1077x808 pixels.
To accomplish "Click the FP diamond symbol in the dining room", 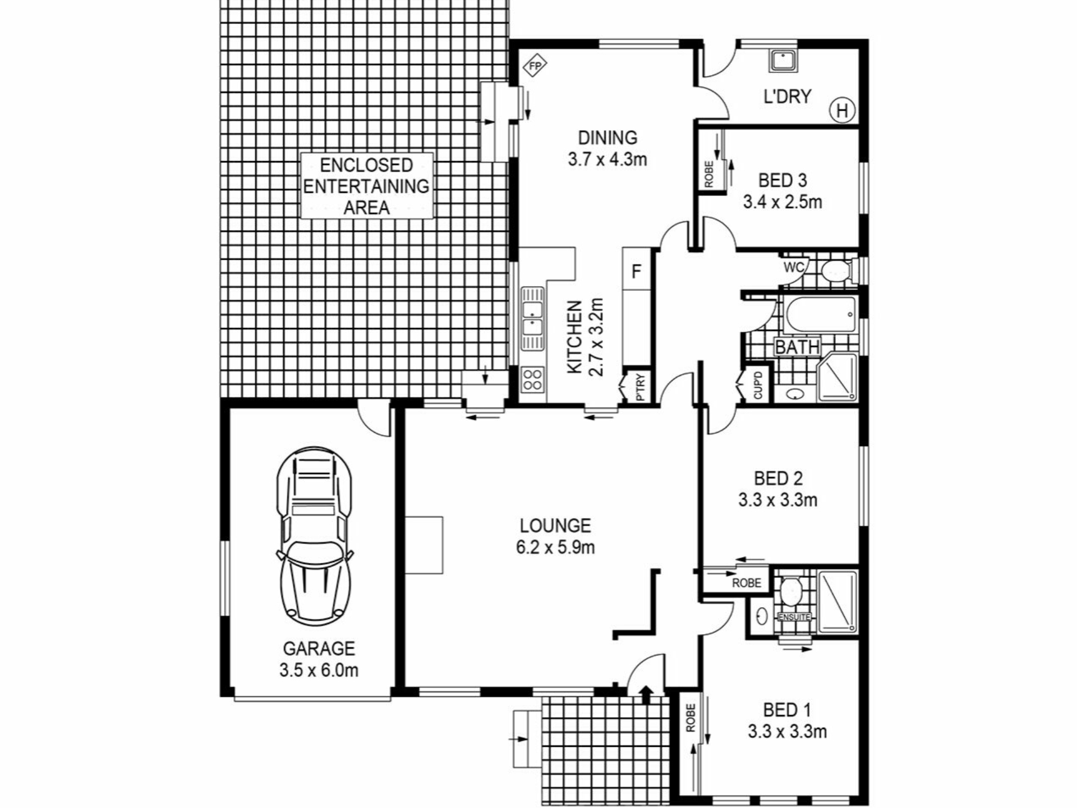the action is click(535, 66).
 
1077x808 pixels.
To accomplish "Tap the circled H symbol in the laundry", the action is click(842, 111).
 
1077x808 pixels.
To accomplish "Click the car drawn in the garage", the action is click(315, 536).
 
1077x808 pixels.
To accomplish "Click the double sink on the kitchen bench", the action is click(532, 318).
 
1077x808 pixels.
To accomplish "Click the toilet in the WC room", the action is click(837, 270).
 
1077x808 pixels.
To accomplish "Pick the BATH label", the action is click(797, 347).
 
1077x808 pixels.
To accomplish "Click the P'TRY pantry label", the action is click(641, 387).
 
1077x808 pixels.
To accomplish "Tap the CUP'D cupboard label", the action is click(758, 385).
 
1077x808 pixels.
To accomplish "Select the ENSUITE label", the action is click(794, 617).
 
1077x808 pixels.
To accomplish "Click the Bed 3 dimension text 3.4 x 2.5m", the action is click(783, 201).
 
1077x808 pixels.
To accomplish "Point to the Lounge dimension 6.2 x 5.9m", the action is click(555, 547).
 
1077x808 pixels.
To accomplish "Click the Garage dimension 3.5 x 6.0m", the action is click(319, 670).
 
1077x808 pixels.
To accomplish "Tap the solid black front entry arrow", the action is click(646, 694).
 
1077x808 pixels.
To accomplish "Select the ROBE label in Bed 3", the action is click(708, 174).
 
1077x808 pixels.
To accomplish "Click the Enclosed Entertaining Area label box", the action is click(367, 186).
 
